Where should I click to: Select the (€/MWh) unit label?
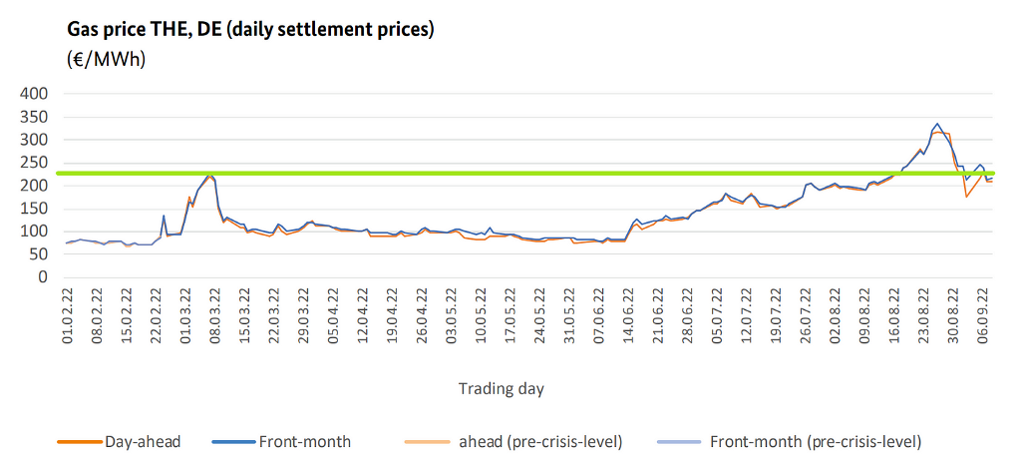107,60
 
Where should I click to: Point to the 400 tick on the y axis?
35,94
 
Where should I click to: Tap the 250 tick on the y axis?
35,163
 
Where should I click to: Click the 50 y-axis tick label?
39,254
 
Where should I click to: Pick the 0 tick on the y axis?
44,277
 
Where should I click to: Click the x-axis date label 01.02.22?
67,316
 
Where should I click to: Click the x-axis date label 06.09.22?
986,316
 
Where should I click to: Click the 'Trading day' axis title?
502,388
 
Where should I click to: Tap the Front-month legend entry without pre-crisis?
304,440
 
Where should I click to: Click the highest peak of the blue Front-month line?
937,124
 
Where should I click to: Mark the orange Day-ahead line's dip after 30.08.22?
966,196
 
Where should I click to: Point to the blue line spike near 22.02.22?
164,216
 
